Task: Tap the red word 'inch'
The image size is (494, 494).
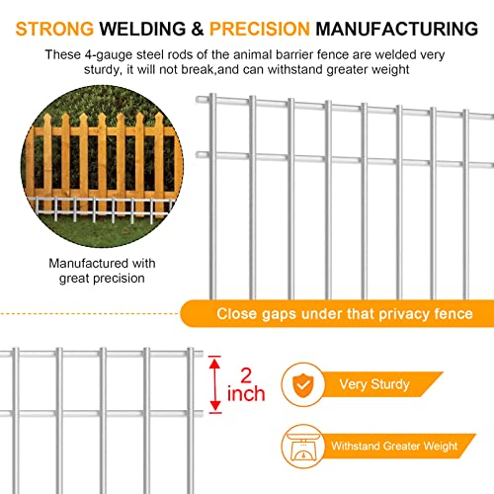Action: point(246,395)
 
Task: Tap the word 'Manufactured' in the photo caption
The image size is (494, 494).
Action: point(85,264)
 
